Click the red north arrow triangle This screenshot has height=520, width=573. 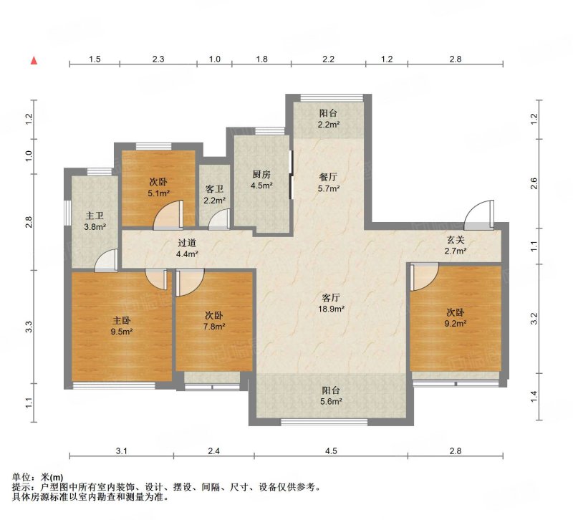(x=34, y=60)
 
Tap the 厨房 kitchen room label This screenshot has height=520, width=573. (x=261, y=175)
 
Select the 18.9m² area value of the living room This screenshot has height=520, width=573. (x=332, y=309)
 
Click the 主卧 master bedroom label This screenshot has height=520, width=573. (x=121, y=321)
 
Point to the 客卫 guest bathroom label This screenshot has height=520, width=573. (x=214, y=189)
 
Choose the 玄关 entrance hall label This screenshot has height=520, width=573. (x=456, y=240)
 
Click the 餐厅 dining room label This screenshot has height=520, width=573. (x=328, y=177)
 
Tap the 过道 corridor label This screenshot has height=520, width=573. (x=187, y=243)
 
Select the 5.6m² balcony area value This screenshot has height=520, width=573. (x=331, y=402)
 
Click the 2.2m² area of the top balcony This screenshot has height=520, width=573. (x=329, y=124)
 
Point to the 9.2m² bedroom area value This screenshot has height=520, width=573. (x=456, y=324)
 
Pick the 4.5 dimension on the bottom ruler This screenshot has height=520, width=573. (x=331, y=451)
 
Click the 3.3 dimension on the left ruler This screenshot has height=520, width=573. (x=29, y=327)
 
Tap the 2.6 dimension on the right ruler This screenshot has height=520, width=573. (x=534, y=183)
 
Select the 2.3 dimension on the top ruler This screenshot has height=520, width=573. (x=158, y=59)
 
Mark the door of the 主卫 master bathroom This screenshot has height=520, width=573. (x=106, y=260)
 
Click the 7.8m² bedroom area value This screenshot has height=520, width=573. (x=214, y=327)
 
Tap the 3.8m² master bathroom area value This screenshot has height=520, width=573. (x=95, y=227)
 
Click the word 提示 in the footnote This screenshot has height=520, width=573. (x=21, y=487)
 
